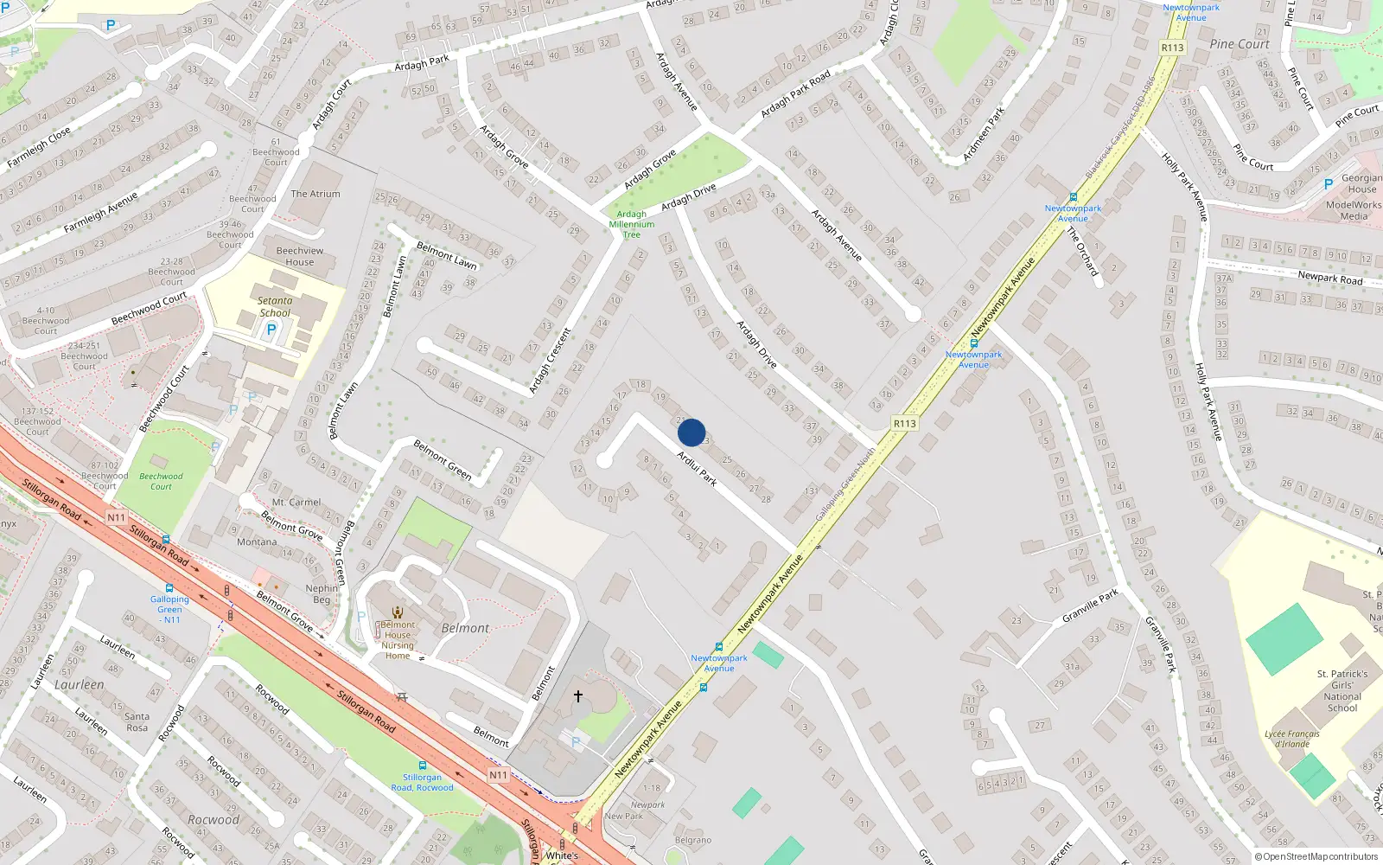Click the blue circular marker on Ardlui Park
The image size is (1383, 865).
[691, 432]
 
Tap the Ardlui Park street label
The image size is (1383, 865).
[697, 468]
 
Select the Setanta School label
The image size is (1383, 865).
[275, 307]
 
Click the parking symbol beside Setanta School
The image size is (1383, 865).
[271, 330]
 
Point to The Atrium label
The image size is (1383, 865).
[315, 194]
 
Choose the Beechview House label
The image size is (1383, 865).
[300, 256]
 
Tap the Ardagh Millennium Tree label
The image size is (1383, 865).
[632, 224]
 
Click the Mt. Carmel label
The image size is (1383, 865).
[296, 502]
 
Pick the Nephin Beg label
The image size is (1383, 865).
[322, 593]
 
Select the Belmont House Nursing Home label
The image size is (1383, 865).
[398, 640]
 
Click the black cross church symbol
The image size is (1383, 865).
[577, 695]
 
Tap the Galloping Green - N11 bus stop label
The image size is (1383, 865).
[169, 609]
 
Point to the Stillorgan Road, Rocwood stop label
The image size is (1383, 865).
[422, 782]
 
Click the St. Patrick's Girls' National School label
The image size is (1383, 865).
[1342, 690]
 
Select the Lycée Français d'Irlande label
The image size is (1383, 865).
[1292, 739]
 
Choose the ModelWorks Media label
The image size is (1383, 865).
[1354, 210]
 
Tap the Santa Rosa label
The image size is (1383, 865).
[137, 721]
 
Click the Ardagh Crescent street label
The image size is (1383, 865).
[550, 360]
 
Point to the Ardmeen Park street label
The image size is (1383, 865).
[984, 134]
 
